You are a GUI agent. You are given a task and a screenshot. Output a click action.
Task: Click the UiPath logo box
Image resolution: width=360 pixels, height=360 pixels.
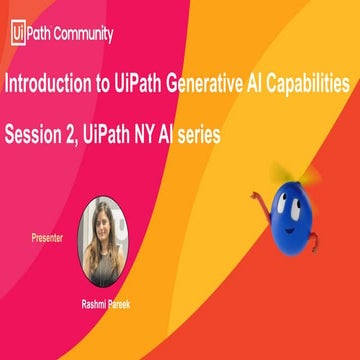coord(17,32)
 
